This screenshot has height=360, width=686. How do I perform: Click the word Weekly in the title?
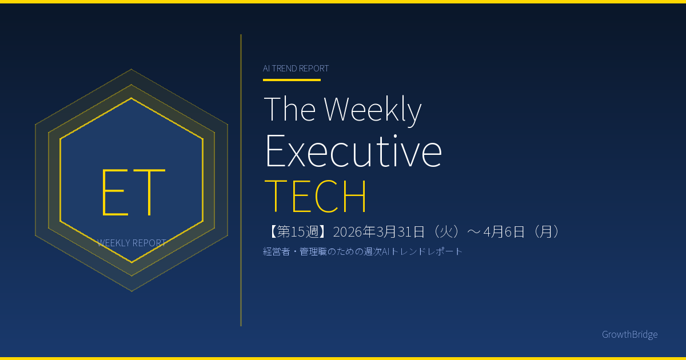click(373, 110)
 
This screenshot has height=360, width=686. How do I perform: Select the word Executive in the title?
click(353, 151)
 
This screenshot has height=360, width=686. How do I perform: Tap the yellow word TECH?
click(315, 196)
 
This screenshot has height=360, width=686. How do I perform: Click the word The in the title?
click(290, 109)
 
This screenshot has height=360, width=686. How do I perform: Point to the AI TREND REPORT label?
click(296, 68)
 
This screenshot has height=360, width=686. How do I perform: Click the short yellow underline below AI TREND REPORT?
click(292, 80)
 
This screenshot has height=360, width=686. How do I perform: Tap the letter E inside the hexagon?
click(114, 192)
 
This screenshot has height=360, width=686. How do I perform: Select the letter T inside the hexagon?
click(149, 192)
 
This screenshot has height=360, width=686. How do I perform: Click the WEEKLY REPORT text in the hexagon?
click(131, 243)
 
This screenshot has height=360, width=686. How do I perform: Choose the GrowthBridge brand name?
click(629, 334)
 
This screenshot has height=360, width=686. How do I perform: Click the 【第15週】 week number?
click(297, 232)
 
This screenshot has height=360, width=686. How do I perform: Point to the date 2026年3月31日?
click(379, 232)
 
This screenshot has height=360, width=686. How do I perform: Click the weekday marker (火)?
click(445, 232)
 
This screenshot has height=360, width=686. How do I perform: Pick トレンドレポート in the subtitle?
click(426, 251)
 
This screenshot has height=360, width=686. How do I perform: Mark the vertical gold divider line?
click(241, 181)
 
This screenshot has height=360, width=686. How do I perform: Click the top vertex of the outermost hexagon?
click(131, 69)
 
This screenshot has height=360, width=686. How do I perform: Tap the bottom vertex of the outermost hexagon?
click(131, 291)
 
